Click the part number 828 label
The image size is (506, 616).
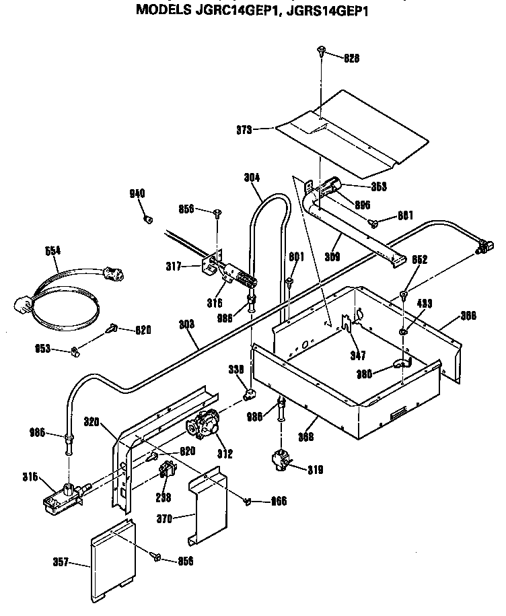click(x=351, y=58)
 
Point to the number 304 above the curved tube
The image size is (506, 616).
click(x=252, y=178)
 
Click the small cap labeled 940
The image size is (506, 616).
click(x=148, y=219)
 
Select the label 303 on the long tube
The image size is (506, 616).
click(x=187, y=324)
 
